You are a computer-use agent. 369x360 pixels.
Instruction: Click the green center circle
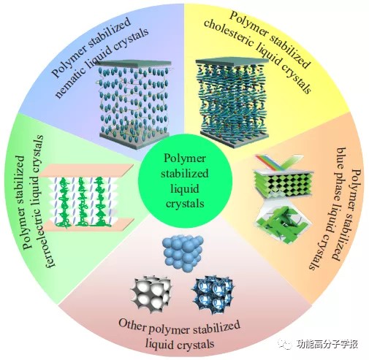tap(186, 181)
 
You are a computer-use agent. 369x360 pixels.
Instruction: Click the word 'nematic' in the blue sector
tap(73, 80)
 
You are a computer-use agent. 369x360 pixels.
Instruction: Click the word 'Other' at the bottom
tap(132, 324)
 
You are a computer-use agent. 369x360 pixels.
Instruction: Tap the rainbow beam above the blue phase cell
tap(271, 162)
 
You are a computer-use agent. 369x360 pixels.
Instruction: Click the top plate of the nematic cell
tap(133, 64)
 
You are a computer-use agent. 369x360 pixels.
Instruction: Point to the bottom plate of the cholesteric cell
tap(235, 139)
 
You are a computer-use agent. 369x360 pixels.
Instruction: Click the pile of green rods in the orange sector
tap(284, 224)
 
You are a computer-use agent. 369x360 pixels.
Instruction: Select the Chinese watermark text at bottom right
tap(327, 344)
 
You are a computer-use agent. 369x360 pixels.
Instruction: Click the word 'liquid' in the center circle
tap(185, 188)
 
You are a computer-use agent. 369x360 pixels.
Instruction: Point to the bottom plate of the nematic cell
tap(134, 140)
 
